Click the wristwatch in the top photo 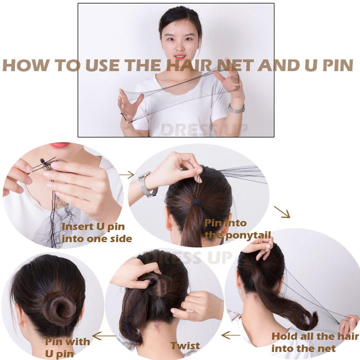click(x=237, y=108)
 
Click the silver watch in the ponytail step click(x=147, y=184)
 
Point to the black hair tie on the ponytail click(x=198, y=203)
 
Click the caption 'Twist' click(x=185, y=346)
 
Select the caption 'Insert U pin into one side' click(x=97, y=233)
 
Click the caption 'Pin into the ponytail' click(x=238, y=229)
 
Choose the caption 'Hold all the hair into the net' click(x=315, y=342)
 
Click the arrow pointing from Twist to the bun click(x=104, y=336)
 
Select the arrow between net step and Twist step click(x=231, y=335)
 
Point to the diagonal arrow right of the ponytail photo click(x=282, y=212)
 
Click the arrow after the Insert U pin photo click(x=126, y=175)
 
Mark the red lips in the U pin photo click(x=60, y=145)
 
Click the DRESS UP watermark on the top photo click(x=205, y=130)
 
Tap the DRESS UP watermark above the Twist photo click(x=188, y=257)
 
